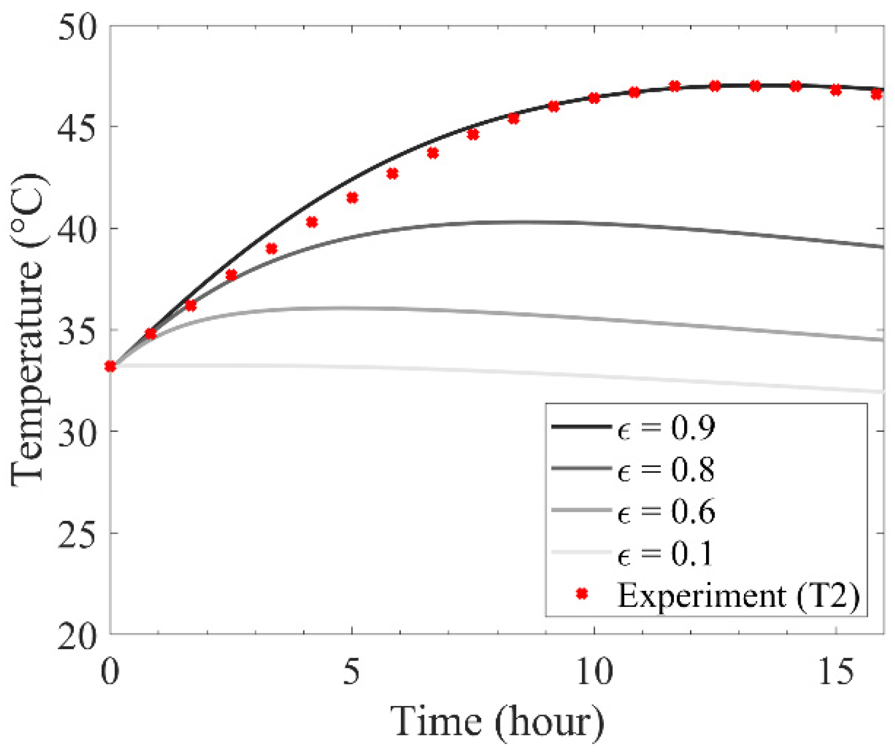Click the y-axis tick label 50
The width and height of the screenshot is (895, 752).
78,27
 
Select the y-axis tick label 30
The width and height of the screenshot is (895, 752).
78,431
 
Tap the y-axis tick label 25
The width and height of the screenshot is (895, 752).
78,533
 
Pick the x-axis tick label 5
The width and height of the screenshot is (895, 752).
352,671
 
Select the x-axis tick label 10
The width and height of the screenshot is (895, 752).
594,671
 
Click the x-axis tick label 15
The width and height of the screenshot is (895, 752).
836,671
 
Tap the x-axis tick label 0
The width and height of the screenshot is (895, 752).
110,671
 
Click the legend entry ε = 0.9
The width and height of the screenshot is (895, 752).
666,428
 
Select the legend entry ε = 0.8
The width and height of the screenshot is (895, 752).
666,470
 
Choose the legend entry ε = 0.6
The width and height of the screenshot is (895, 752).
666,512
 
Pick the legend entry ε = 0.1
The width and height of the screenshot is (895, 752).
666,554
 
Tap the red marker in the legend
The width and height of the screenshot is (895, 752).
582,594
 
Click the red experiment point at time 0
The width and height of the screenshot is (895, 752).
110,367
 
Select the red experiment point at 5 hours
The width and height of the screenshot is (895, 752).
352,198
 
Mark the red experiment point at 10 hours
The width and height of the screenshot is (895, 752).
594,98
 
